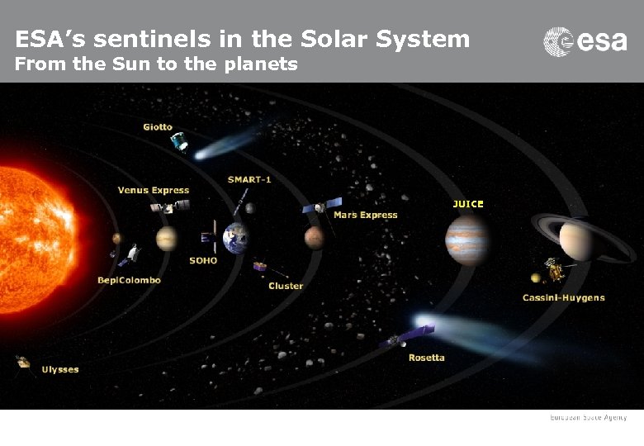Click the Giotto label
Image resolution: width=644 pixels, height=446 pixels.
coord(158,126)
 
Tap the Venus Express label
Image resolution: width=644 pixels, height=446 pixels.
coord(153,190)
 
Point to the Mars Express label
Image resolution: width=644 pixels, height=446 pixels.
coord(365,215)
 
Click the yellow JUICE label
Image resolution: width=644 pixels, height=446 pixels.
coord(468,203)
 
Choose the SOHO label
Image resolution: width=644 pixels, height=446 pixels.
coord(203,260)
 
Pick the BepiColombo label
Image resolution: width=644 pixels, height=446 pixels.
coord(129,280)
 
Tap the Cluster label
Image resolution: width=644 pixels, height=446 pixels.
coord(286,286)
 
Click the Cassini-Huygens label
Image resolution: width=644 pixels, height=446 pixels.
coord(563,297)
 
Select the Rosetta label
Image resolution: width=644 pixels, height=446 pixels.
coord(426,358)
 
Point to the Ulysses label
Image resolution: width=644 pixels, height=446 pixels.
coord(60,369)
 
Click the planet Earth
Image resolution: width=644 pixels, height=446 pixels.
coord(235,238)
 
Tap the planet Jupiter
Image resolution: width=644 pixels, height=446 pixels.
coord(466,240)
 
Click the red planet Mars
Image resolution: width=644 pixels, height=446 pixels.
coord(314,238)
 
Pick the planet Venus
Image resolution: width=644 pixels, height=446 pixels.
coord(167,239)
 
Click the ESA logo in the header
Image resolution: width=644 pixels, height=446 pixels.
coord(585,41)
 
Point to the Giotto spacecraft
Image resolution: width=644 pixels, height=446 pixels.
coord(178,143)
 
